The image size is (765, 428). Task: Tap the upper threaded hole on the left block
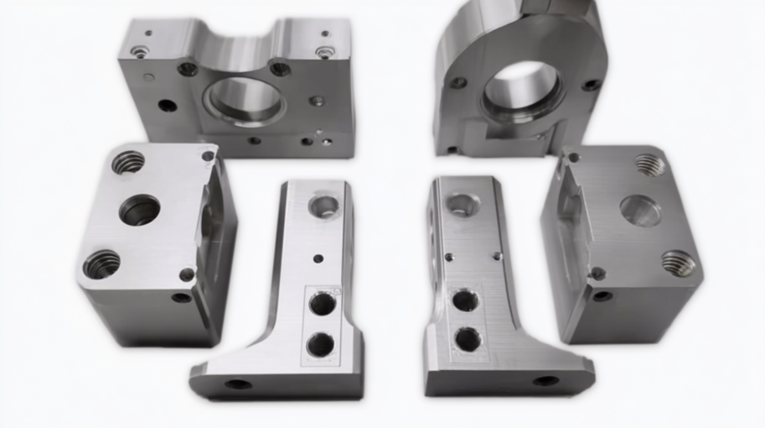128,161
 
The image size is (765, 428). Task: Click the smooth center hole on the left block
139,209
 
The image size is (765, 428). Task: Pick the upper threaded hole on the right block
649,164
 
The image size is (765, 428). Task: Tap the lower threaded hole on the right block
679,263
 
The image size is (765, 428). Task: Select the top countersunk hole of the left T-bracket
324,205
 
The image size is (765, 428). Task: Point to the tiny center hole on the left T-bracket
318,258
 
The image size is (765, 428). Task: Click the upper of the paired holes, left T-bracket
322,304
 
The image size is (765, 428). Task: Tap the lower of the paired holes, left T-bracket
320,343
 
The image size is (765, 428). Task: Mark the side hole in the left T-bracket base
238,384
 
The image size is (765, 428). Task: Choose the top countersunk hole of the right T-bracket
462,203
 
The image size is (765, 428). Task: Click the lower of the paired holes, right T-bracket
468,339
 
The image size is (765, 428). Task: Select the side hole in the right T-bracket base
546,381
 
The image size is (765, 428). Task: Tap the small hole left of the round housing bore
458,82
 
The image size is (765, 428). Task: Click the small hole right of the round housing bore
592,85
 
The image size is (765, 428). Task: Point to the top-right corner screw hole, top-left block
324,51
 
